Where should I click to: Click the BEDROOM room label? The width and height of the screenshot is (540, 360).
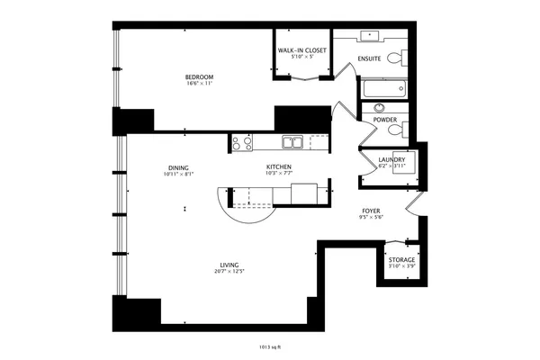199,77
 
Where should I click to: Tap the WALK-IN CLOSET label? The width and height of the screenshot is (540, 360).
301,50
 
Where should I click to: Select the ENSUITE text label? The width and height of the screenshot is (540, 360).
369,59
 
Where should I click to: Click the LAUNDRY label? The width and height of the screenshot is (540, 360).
391,160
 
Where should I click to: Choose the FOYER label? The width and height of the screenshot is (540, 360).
372,211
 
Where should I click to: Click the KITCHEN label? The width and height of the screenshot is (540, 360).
279,166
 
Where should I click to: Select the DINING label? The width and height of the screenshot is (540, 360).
177,166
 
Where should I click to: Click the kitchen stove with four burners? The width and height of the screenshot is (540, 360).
241,141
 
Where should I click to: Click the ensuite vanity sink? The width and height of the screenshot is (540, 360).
371,36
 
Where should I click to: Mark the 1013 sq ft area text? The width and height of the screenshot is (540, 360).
269,345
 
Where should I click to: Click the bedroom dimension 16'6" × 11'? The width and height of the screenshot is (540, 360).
199,84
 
